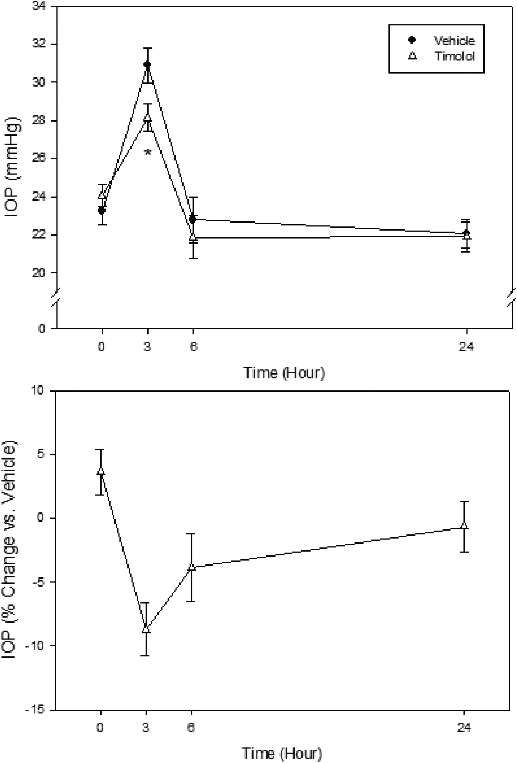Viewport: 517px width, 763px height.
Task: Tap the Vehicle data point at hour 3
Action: (147, 65)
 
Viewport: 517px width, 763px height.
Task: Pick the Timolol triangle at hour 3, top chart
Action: (147, 118)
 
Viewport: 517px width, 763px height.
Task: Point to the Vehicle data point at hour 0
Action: (102, 210)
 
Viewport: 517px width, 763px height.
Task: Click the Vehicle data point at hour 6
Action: (193, 219)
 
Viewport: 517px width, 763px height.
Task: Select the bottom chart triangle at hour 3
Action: (146, 629)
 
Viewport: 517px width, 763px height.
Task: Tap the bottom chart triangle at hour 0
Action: (100, 471)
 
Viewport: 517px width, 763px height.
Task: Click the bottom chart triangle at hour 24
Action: (464, 526)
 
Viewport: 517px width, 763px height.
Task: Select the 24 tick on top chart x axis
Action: (466, 347)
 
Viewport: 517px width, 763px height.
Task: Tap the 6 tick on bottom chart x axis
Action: (191, 728)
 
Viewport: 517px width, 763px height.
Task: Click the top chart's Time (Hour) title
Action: (284, 372)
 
